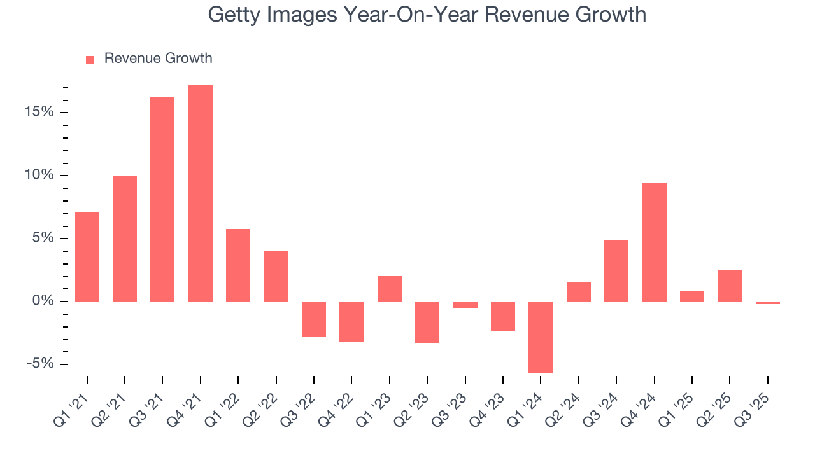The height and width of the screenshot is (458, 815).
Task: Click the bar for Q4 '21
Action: point(201,193)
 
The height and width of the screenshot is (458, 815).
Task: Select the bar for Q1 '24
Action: point(541,337)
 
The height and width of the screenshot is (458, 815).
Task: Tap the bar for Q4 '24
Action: point(654,242)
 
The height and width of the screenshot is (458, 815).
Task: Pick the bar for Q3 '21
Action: point(162,199)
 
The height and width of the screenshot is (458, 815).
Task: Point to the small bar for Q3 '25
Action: point(768,303)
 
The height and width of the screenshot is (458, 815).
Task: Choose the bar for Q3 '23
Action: point(465,305)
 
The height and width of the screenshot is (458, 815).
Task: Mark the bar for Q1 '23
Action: point(390,289)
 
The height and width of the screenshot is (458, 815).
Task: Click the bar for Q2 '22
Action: point(276,276)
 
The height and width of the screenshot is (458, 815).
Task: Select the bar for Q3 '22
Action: point(314,319)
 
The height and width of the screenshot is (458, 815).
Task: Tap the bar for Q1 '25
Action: point(692,296)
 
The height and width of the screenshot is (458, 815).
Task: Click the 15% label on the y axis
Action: point(39,112)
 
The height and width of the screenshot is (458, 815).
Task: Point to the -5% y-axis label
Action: point(39,364)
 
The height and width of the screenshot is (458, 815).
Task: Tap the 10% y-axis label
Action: point(39,175)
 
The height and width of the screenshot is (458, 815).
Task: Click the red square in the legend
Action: point(90,59)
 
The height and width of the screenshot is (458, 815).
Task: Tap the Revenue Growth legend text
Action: point(158,59)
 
